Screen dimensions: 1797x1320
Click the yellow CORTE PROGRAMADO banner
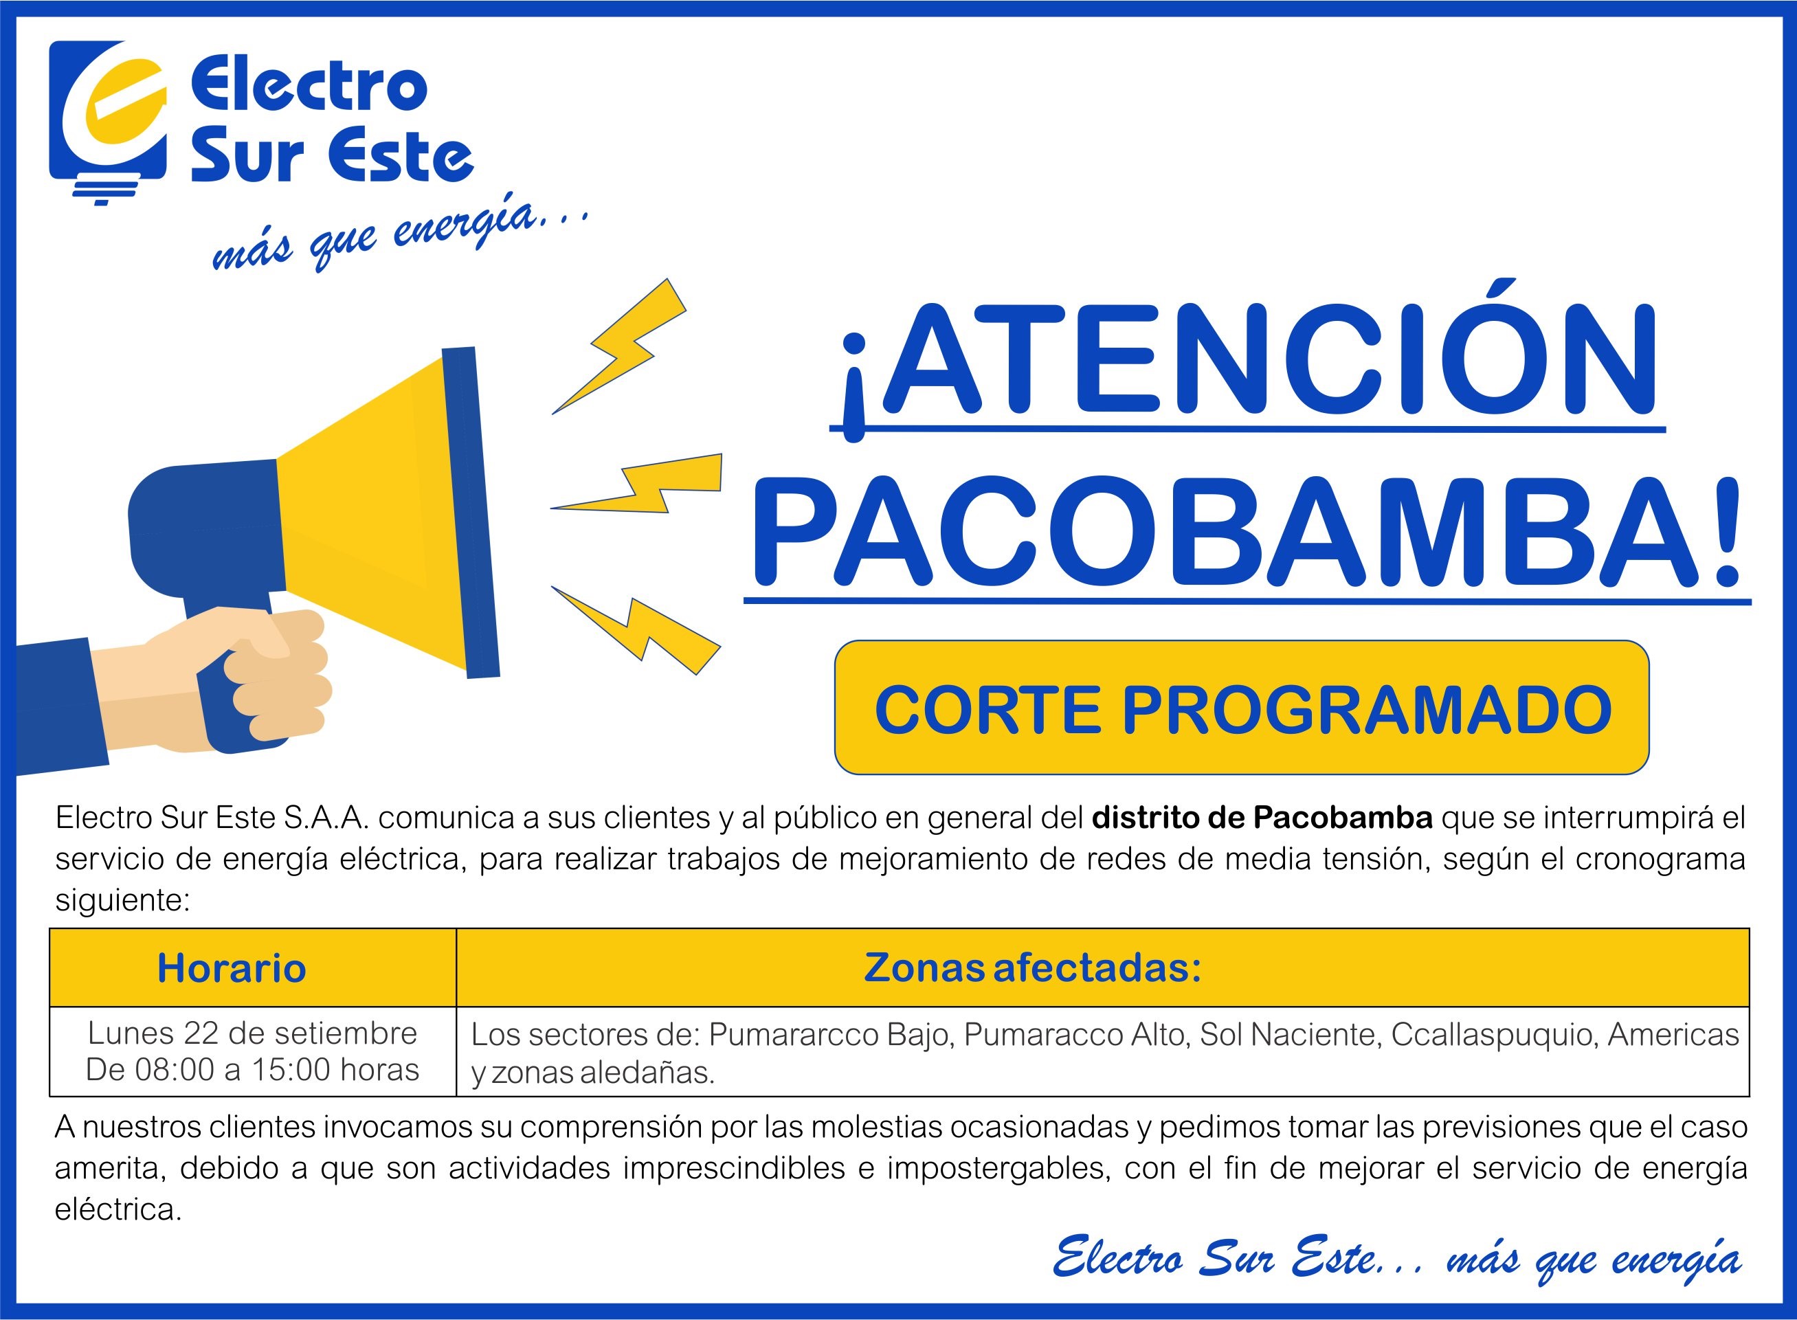1242,708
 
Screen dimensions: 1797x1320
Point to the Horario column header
232,967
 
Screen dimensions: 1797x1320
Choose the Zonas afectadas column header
1033,967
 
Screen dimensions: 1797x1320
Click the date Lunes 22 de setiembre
252,1033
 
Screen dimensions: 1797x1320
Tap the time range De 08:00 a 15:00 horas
252,1069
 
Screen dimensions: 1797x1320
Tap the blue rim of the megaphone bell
471,512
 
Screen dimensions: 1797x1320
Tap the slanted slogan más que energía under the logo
399,235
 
